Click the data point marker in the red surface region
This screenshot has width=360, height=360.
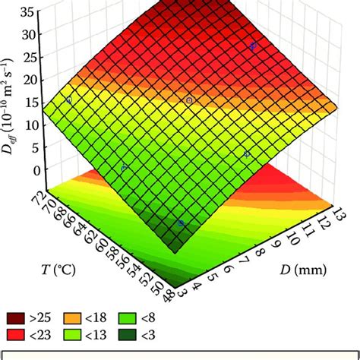pyautogui.click(x=253, y=47)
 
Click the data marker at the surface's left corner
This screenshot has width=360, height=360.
pyautogui.click(x=68, y=99)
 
